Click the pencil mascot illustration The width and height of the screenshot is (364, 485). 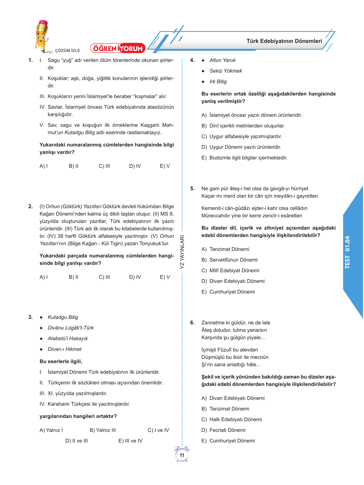(x=42, y=36)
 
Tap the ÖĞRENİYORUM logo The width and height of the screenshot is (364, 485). (x=118, y=48)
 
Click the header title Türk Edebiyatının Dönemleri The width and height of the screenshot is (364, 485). (x=284, y=41)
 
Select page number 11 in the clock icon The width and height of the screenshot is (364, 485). (x=182, y=455)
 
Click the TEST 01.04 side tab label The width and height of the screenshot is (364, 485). (x=347, y=252)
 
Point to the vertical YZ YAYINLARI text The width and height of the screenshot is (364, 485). (x=182, y=252)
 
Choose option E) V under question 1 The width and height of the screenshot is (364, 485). (x=165, y=166)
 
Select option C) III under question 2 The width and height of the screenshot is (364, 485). (x=104, y=277)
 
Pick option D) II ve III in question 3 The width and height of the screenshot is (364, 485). (x=77, y=441)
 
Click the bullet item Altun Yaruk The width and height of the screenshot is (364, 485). (x=222, y=60)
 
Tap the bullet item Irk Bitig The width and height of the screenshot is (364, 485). (x=218, y=82)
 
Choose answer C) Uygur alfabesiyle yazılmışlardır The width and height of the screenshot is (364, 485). (x=242, y=136)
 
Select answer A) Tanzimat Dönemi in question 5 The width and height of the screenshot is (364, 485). (x=225, y=249)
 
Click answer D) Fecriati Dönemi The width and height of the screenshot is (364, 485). (x=223, y=430)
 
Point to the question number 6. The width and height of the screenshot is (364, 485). (x=192, y=323)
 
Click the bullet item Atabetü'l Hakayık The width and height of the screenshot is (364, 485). (x=68, y=338)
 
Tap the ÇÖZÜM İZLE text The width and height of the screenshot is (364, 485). (x=67, y=50)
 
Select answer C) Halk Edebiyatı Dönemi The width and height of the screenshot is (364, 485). (x=232, y=419)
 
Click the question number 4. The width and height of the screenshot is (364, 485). (x=192, y=60)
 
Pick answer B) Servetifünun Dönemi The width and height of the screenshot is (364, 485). (x=229, y=260)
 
